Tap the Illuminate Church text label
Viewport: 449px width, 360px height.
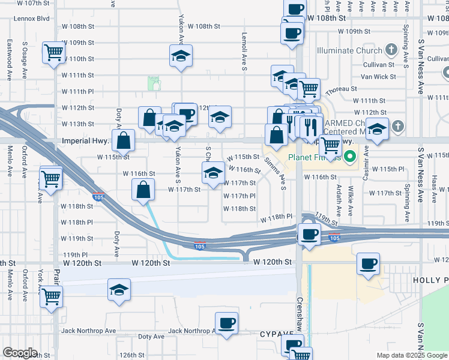(x=349, y=50)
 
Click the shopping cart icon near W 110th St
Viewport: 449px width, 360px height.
(x=53, y=52)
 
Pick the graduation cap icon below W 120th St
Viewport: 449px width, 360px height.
(x=119, y=290)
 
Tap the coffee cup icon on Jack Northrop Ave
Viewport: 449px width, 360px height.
(x=226, y=324)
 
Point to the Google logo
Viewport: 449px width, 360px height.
(x=20, y=353)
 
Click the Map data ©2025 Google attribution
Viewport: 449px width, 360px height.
(x=411, y=355)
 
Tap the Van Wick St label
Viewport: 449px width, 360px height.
(x=378, y=77)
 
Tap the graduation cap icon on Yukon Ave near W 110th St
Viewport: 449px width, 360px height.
(x=181, y=56)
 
